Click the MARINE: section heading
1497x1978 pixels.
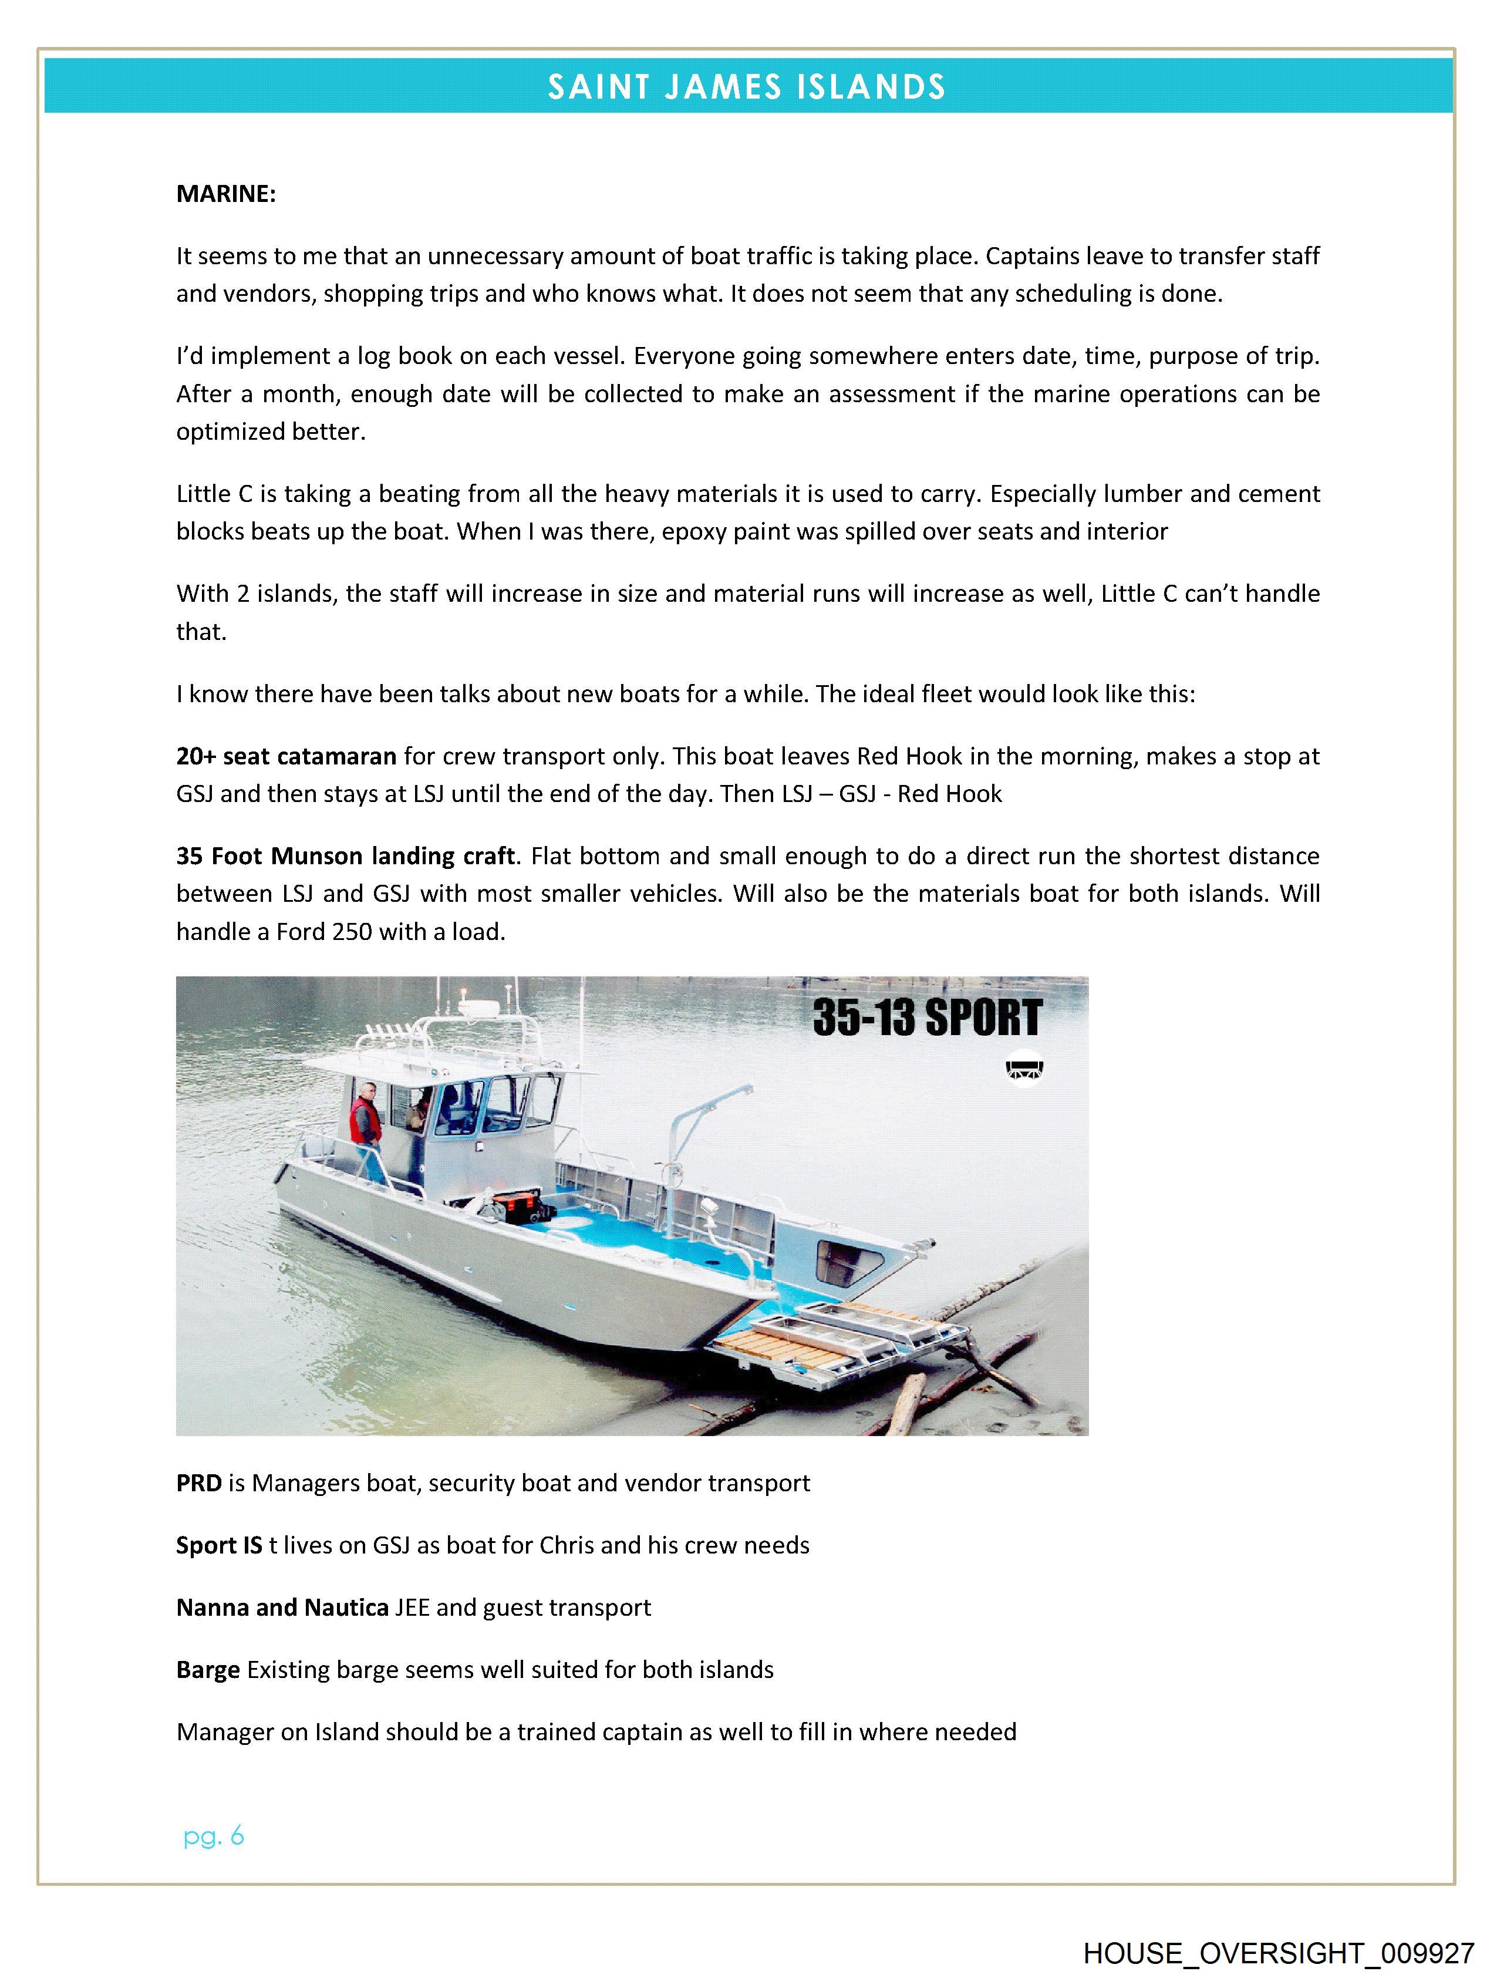coord(225,194)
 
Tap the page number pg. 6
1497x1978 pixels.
coord(213,1837)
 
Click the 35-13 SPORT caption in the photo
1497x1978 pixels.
coord(928,1017)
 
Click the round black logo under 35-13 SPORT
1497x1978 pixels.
coord(1026,1067)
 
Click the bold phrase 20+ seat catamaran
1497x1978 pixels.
coord(286,757)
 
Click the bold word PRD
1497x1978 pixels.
coord(198,1484)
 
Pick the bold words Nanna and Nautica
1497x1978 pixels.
coord(282,1608)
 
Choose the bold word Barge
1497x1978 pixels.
coord(207,1670)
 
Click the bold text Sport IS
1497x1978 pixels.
coord(219,1546)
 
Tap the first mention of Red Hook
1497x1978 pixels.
coord(897,757)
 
